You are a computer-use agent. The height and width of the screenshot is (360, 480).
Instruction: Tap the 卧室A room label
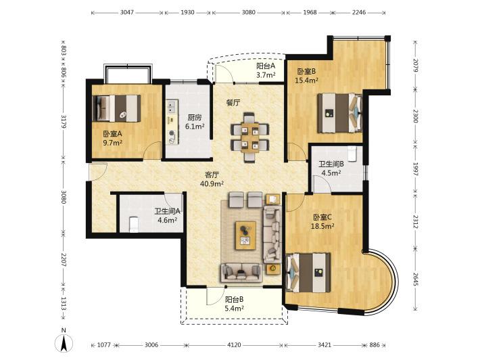pos(112,133)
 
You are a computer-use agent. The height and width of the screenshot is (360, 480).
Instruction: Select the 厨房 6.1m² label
pos(195,122)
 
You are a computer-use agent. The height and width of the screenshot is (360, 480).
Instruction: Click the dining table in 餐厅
pos(250,137)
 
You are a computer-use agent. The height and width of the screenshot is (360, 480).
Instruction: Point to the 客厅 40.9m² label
pos(212,179)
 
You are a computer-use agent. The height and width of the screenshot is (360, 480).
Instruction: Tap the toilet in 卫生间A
pos(134,224)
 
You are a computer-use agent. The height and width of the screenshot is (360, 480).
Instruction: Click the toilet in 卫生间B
pos(352,154)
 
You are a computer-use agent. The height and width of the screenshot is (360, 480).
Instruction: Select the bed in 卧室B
pos(340,113)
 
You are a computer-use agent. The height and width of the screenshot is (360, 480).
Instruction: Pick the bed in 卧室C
pos(308,273)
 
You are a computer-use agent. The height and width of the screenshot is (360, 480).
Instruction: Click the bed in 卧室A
pos(117,108)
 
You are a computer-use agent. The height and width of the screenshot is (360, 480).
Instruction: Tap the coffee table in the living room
pos(246,235)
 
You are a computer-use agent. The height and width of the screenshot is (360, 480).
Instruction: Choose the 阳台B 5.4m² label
pos(234,304)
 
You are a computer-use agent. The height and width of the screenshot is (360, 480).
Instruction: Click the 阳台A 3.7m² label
pos(266,70)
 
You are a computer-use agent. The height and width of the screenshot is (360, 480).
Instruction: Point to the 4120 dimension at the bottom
pos(234,345)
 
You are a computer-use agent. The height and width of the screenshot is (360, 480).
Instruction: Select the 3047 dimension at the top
pos(126,13)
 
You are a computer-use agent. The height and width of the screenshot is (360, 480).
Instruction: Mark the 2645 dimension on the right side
pos(415,279)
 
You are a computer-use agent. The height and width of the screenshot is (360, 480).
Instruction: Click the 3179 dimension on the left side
pos(64,122)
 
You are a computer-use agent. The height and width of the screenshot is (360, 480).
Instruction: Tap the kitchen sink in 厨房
pos(171,106)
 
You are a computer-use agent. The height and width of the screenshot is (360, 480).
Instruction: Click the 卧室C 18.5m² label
pos(322,222)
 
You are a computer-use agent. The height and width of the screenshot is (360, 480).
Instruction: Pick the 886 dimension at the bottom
pos(375,345)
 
